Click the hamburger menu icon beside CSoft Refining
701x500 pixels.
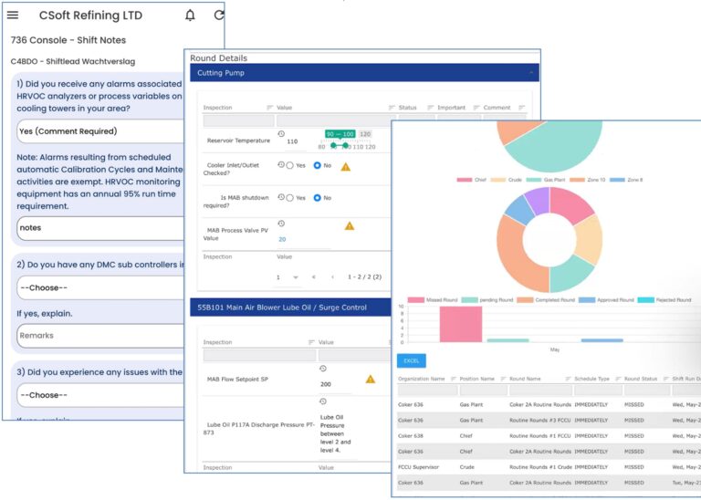point(13,16)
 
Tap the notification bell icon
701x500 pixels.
point(190,16)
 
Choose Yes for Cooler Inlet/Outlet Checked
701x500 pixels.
point(289,166)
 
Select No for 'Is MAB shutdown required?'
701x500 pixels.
point(318,197)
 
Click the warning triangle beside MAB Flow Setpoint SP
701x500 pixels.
point(371,379)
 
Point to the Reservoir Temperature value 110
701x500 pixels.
point(292,141)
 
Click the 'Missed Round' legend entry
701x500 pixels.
point(434,299)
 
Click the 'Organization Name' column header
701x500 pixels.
point(422,378)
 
